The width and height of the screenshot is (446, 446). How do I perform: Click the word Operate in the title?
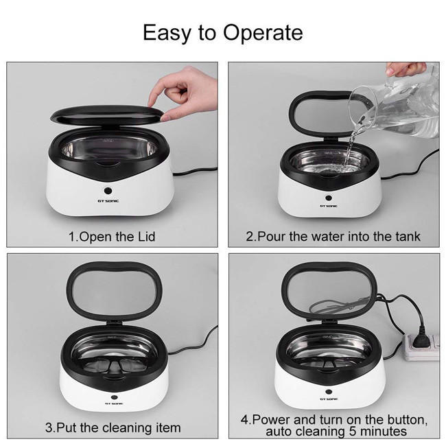(263, 34)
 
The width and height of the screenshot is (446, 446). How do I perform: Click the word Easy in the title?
(167, 34)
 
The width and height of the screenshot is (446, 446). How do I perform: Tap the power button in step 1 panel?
(108, 191)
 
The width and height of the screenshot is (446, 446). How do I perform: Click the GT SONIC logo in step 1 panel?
(108, 201)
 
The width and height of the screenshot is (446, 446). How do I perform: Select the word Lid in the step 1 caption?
(146, 237)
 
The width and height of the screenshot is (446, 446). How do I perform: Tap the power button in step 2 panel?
(329, 198)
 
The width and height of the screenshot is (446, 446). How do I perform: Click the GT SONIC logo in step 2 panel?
(329, 206)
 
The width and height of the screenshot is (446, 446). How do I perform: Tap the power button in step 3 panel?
(115, 397)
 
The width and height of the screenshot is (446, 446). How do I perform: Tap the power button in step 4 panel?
(329, 392)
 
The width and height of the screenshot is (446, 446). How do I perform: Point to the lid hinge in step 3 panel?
(114, 322)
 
